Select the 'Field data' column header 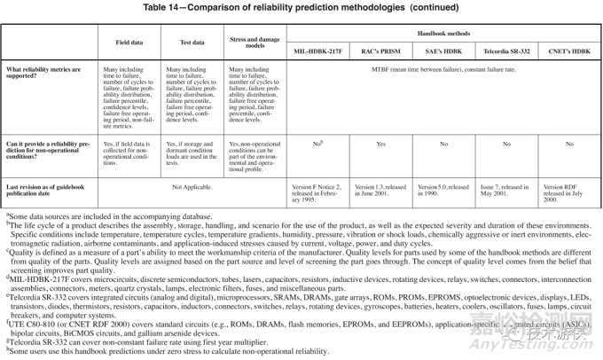[x=129, y=43]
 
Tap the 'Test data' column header [x=192, y=43]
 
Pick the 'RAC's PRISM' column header [x=380, y=51]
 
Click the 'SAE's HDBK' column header [x=443, y=51]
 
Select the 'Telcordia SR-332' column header [x=506, y=51]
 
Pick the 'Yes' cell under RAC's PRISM [x=380, y=144]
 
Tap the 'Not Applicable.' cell [x=192, y=188]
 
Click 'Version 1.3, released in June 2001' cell [x=380, y=192]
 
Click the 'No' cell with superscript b [x=317, y=144]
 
